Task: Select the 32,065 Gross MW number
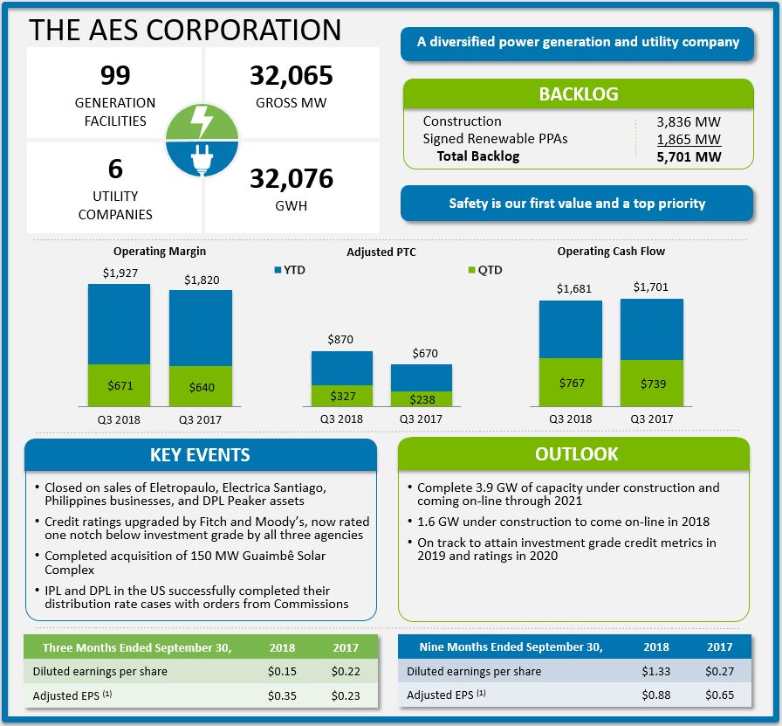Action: (292, 76)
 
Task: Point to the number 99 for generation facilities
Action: (115, 75)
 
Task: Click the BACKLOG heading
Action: (578, 94)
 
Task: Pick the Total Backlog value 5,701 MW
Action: (689, 157)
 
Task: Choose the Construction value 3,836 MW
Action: (689, 122)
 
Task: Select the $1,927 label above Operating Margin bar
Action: (120, 273)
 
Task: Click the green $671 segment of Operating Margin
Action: (120, 385)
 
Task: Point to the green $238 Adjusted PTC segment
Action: (421, 398)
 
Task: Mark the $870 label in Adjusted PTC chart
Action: (341, 340)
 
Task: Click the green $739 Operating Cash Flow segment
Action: (651, 383)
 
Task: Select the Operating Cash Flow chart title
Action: (611, 252)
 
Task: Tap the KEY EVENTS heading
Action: (200, 455)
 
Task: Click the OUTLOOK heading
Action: (576, 454)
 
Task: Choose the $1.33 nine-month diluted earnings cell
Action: (655, 671)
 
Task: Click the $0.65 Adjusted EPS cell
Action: (719, 695)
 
